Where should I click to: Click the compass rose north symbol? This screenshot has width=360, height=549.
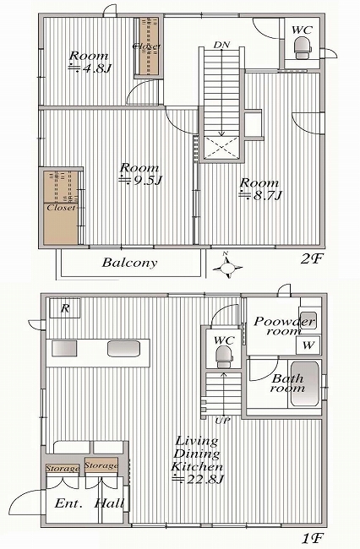[x=228, y=267]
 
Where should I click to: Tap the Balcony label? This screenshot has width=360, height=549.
[x=129, y=263]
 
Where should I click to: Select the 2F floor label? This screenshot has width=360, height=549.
[x=311, y=259]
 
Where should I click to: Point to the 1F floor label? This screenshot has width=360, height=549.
[x=313, y=538]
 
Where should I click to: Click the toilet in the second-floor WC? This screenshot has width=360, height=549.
[x=303, y=49]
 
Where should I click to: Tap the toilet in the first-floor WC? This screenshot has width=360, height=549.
[x=223, y=356]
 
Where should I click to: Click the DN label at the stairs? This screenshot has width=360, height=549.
[x=221, y=45]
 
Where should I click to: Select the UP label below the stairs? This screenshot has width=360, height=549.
[x=222, y=421]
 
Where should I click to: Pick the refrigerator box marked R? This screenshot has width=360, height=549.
[x=65, y=308]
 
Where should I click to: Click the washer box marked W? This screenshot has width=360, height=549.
[x=308, y=345]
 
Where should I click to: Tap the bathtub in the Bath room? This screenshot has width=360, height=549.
[x=305, y=384]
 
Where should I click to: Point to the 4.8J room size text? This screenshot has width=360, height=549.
[x=90, y=68]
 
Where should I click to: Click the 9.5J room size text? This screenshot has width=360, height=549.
[x=141, y=180]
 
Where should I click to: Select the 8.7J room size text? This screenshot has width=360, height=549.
[x=260, y=195]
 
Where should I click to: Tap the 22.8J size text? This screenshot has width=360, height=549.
[x=198, y=479]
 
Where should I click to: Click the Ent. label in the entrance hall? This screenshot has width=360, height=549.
[x=68, y=504]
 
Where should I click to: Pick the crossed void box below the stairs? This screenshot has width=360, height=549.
[x=221, y=148]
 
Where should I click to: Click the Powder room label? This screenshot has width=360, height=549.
[x=284, y=326]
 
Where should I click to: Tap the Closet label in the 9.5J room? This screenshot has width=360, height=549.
[x=62, y=207]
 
